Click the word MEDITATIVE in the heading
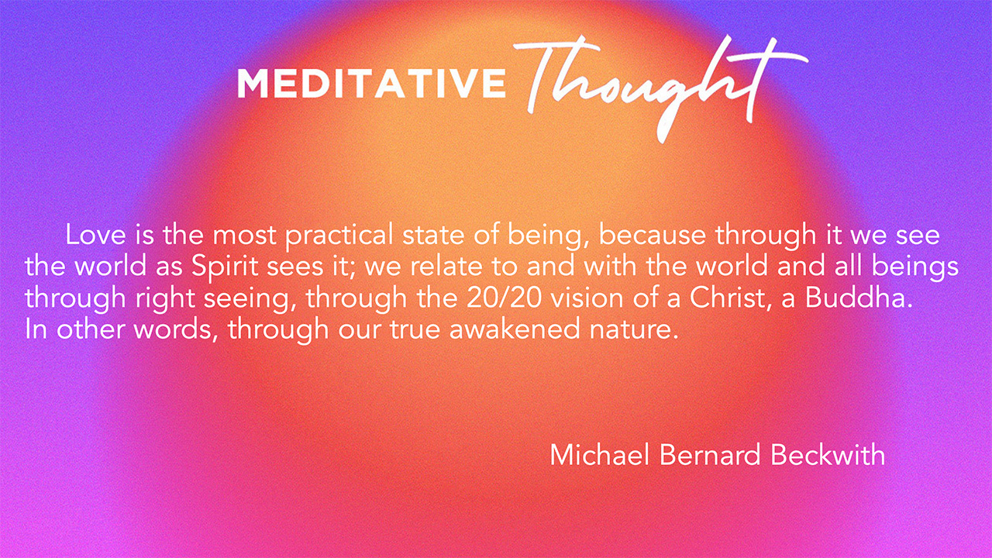pos(371,83)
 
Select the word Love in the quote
pos(95,235)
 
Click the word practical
pos(339,236)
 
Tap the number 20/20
pos(504,298)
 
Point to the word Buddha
pos(858,298)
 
